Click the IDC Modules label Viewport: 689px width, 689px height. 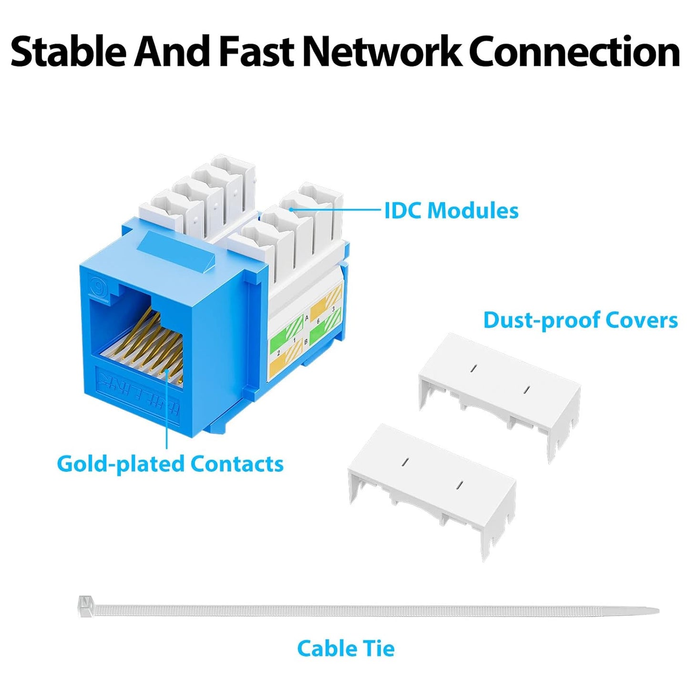tap(451, 211)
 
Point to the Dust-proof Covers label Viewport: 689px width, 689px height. tap(580, 320)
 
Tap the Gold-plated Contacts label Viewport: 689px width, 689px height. tap(170, 463)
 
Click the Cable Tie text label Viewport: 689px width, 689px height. tap(346, 648)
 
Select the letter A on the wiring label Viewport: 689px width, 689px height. tap(306, 318)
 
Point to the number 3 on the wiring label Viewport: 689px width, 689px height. tap(333, 309)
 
